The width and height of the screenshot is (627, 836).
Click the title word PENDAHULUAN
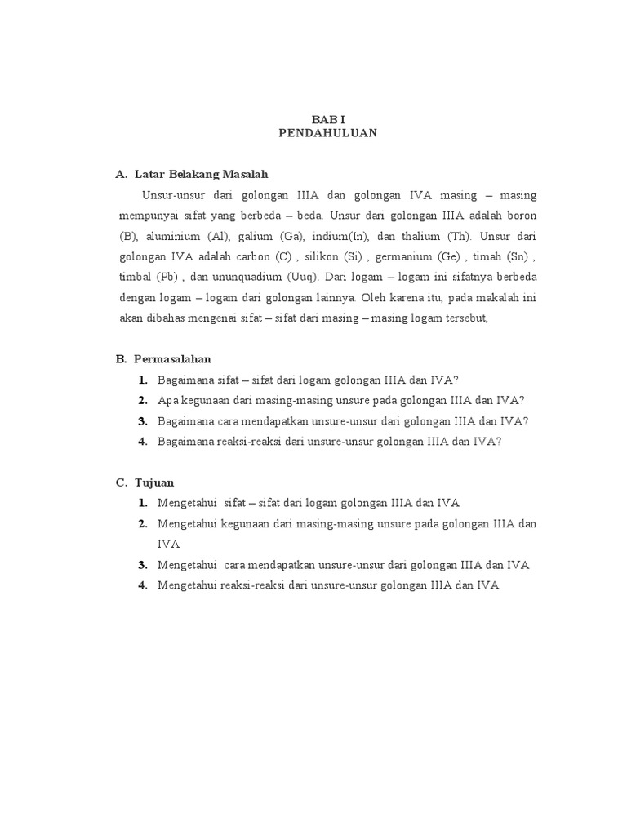tap(327, 134)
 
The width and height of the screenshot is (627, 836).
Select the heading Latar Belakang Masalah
tap(201, 175)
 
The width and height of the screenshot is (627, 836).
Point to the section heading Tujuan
tap(154, 482)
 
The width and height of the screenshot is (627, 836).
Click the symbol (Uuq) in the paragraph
tap(301, 278)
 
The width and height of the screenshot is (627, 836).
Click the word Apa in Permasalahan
tap(167, 401)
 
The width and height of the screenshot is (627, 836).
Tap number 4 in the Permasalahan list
tap(142, 442)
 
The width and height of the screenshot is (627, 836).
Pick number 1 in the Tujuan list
tap(142, 504)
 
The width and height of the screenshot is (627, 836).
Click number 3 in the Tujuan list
tap(142, 565)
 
